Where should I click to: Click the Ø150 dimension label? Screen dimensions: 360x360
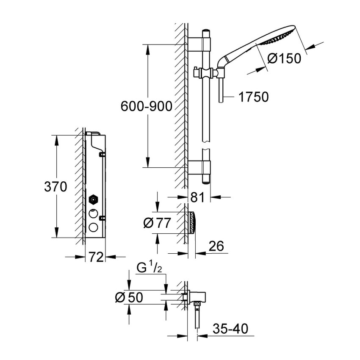coord(284,58)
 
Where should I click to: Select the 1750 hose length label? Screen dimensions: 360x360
coord(253,97)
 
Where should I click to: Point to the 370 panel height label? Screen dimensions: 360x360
coord(55,187)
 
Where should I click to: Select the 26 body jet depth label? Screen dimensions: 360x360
coord(216,246)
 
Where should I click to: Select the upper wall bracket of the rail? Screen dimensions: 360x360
coord(199,43)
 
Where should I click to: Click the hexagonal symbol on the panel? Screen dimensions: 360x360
coord(92,199)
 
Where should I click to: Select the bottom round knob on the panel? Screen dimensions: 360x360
coord(92,228)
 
